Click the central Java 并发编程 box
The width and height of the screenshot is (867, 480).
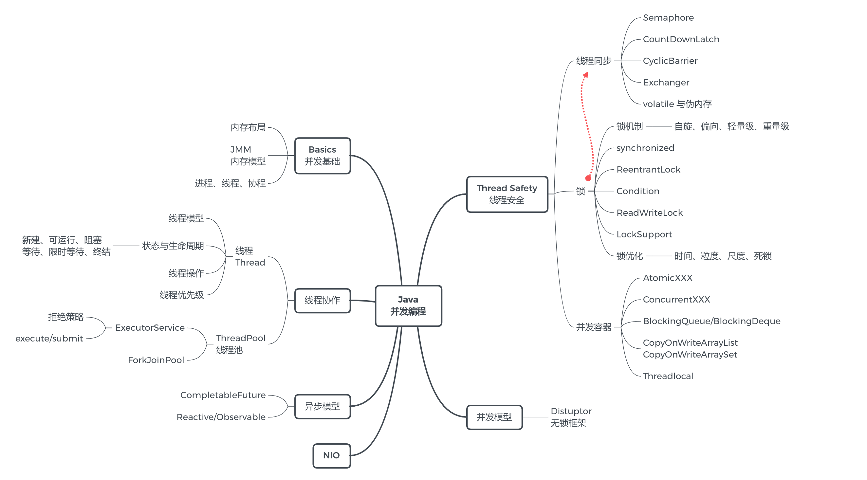click(x=408, y=305)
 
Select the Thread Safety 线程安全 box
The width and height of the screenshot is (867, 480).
click(x=507, y=194)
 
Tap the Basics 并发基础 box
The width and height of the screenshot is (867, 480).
click(x=323, y=156)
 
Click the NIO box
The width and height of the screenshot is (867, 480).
click(x=332, y=455)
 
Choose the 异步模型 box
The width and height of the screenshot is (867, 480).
click(x=323, y=406)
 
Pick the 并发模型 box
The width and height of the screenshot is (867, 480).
click(x=494, y=417)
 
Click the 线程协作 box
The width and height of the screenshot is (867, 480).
click(x=323, y=300)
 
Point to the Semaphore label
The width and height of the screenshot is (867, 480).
click(x=668, y=17)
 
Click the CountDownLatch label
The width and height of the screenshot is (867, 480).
click(x=681, y=39)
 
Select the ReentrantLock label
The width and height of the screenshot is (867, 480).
click(x=648, y=169)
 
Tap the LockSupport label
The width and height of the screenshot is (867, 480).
click(x=644, y=234)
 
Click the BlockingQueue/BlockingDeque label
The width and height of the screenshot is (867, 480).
click(x=711, y=321)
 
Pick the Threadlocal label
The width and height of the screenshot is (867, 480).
click(x=668, y=376)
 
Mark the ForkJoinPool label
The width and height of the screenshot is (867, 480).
click(x=156, y=360)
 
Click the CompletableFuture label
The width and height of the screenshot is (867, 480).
click(x=223, y=395)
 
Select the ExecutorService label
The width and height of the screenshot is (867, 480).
click(x=150, y=327)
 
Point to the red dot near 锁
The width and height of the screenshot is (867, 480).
click(x=588, y=178)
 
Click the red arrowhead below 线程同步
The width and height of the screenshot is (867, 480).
click(x=586, y=75)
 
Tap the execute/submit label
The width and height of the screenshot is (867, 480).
click(x=49, y=339)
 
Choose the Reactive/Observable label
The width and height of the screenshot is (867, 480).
click(x=221, y=417)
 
